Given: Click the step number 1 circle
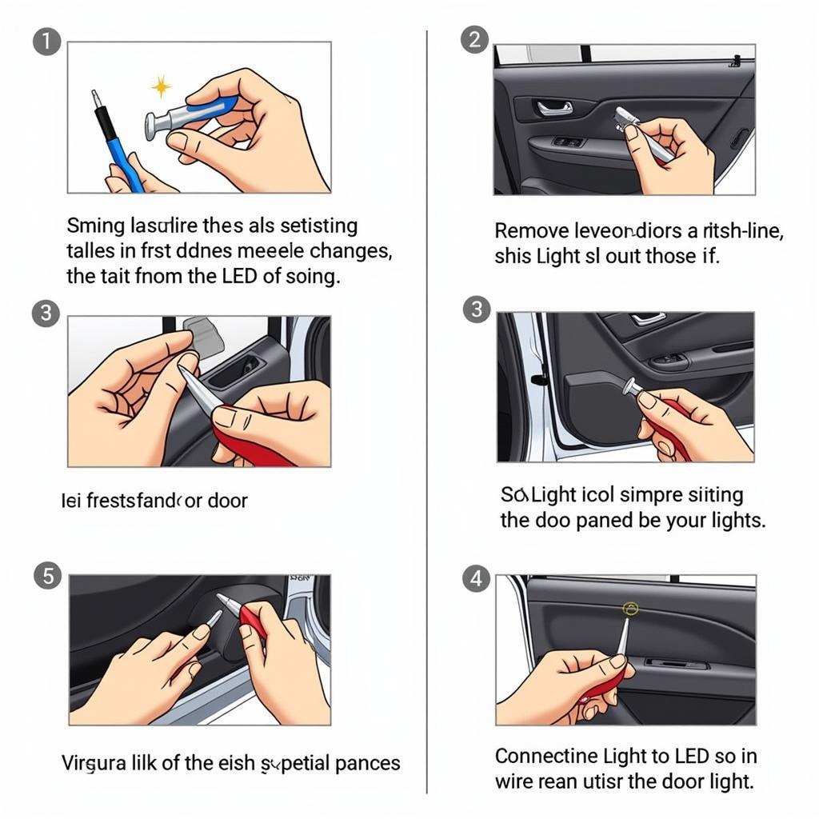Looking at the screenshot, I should tap(46, 42).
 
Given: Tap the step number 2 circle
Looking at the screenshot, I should tap(475, 40).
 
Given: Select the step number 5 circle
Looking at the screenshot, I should tap(47, 575).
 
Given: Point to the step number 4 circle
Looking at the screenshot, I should tap(477, 578).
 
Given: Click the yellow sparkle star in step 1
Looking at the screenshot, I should tap(162, 86).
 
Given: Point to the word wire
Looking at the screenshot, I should tap(513, 781).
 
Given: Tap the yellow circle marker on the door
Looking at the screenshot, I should tap(630, 609).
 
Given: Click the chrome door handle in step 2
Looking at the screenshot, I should tap(554, 107).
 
